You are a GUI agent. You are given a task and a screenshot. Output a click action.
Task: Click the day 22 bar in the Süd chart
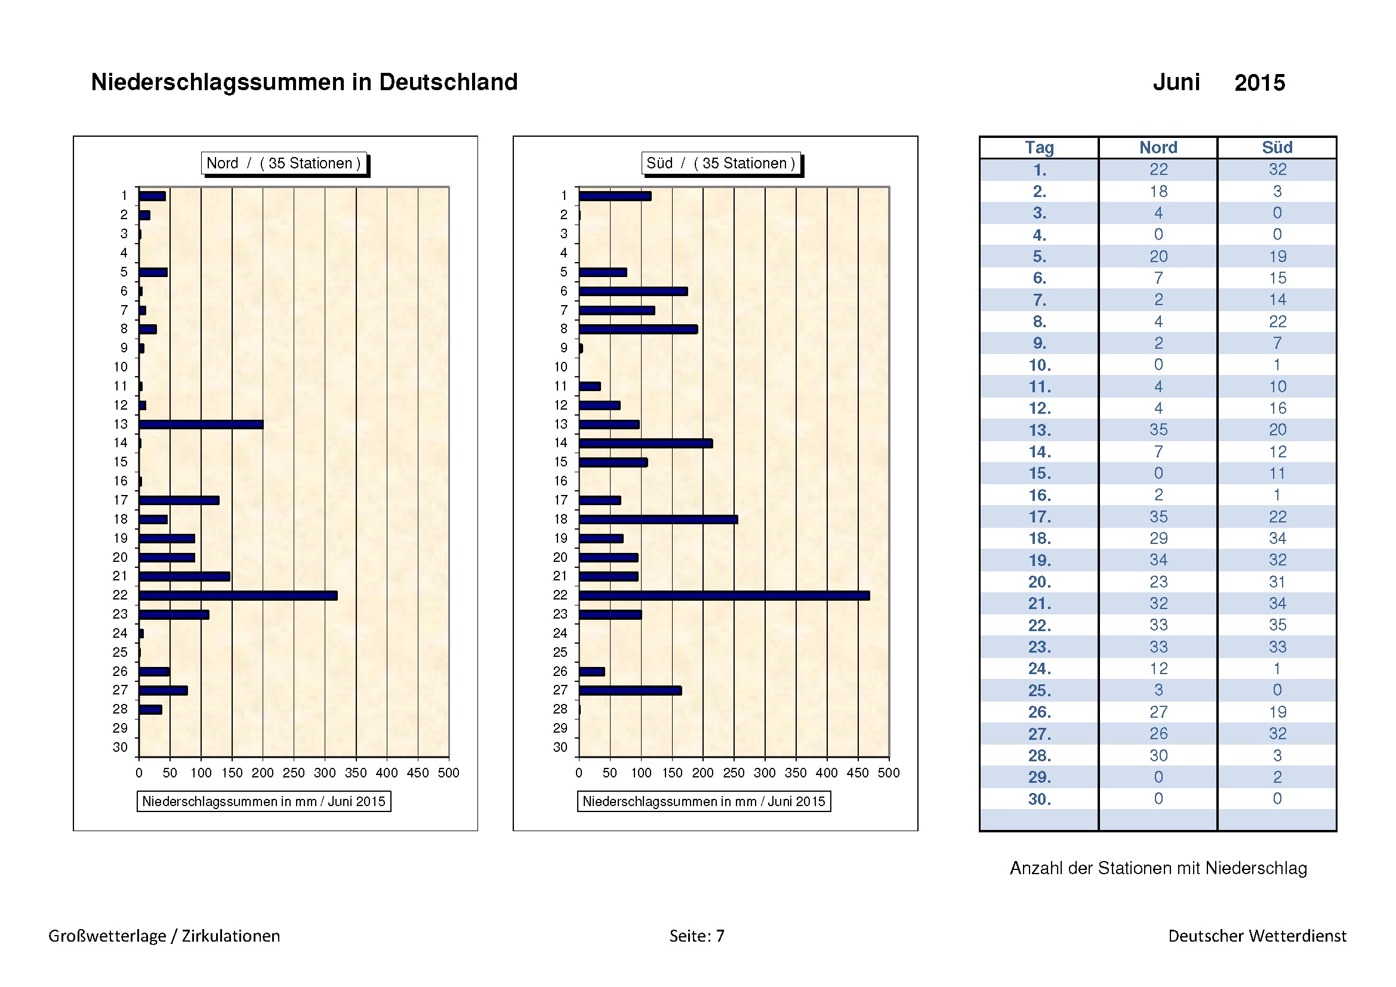click(723, 595)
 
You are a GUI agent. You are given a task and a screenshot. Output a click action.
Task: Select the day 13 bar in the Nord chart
click(201, 425)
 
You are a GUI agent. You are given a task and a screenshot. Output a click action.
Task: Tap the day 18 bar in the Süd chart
click(658, 519)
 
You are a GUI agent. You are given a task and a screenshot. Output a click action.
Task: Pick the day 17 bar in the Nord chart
click(179, 500)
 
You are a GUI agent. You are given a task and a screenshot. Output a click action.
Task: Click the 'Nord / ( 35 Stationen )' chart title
click(283, 163)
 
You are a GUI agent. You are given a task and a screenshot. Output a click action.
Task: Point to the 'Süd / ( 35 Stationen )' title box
click(720, 163)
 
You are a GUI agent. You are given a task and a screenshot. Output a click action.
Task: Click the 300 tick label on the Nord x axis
click(324, 773)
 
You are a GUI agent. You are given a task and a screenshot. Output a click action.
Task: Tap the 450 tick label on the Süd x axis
click(857, 773)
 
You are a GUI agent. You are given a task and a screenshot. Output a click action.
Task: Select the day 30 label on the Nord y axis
click(121, 748)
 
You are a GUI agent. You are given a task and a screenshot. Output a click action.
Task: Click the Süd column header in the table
click(1277, 147)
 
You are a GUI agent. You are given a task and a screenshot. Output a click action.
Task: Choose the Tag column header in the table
click(1039, 147)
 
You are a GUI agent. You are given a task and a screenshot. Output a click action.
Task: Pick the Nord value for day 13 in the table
click(1158, 430)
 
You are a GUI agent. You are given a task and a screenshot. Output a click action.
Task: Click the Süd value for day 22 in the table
click(1277, 625)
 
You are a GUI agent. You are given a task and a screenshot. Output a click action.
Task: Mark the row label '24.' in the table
click(1039, 669)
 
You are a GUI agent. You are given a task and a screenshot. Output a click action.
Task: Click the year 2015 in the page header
click(1259, 83)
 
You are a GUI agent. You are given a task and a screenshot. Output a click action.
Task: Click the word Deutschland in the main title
click(448, 82)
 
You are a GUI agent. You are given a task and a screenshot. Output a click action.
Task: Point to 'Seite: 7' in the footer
click(697, 936)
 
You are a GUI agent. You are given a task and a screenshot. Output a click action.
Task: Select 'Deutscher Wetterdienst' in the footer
click(1257, 936)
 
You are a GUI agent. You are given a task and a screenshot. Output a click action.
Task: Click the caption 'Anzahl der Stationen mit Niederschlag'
click(1158, 868)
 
